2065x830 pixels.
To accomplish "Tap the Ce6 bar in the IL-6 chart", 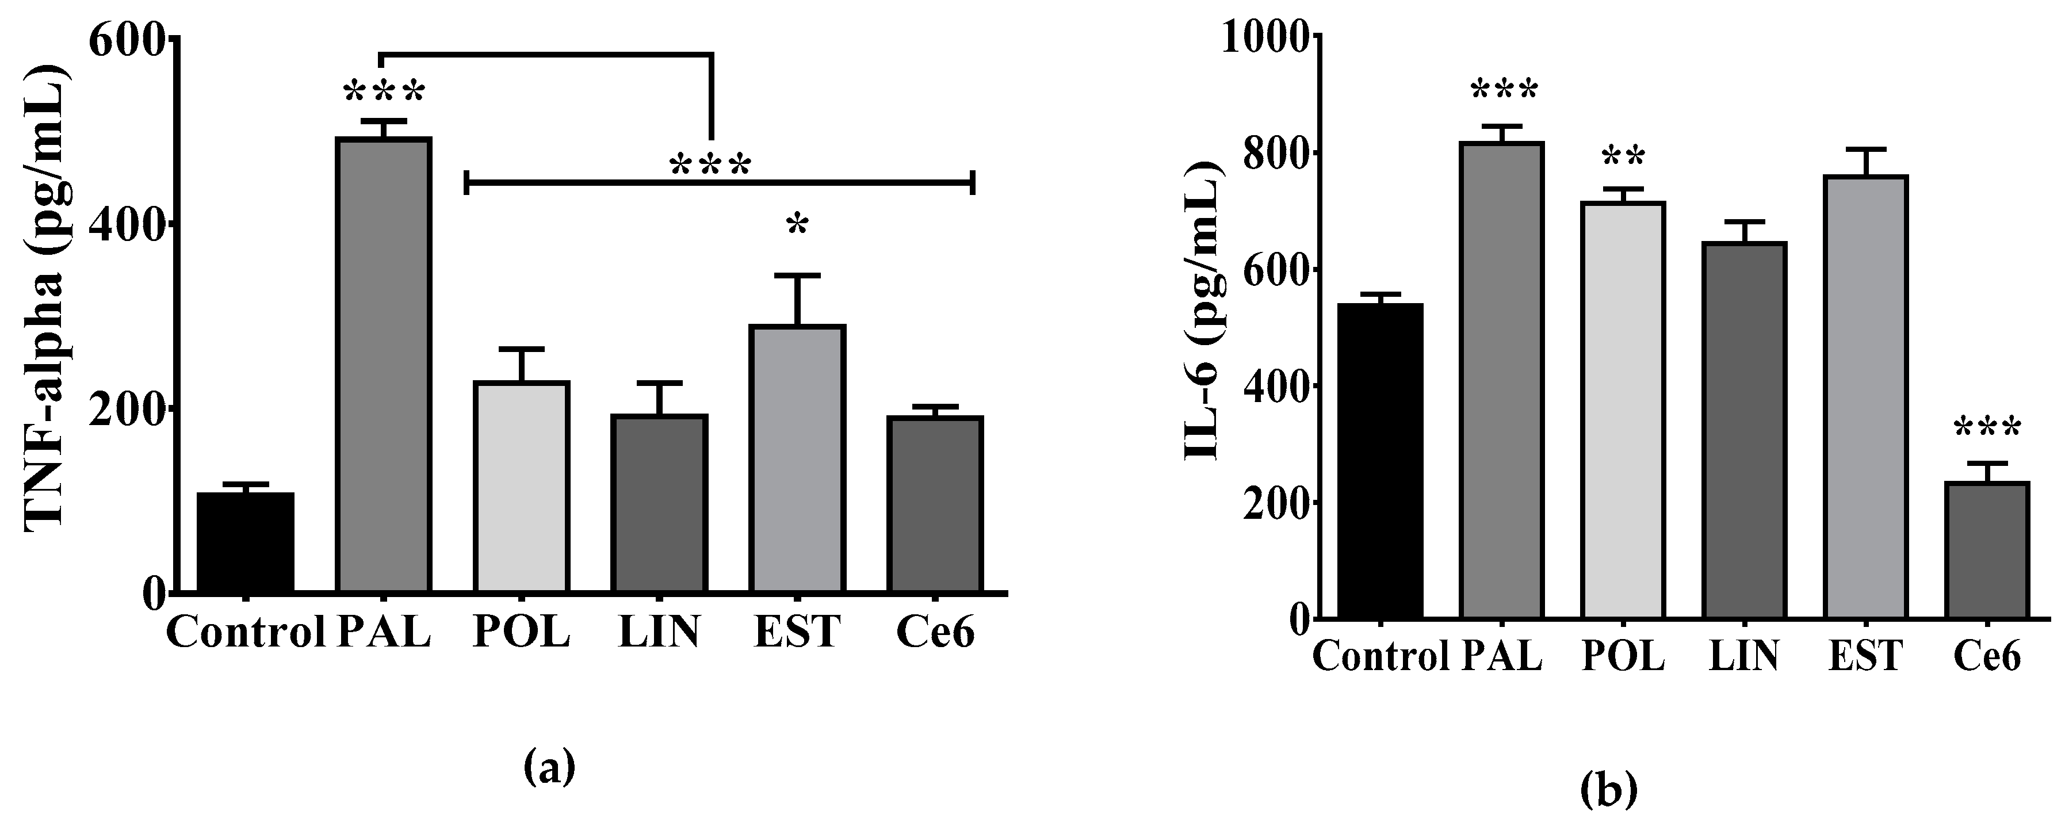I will pyautogui.click(x=1986, y=550).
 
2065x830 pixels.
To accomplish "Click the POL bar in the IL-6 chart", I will pyautogui.click(x=1623, y=410).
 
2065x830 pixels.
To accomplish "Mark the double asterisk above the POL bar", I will pyautogui.click(x=1623, y=157).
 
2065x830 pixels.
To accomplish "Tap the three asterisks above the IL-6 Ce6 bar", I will pyautogui.click(x=1986, y=430).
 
